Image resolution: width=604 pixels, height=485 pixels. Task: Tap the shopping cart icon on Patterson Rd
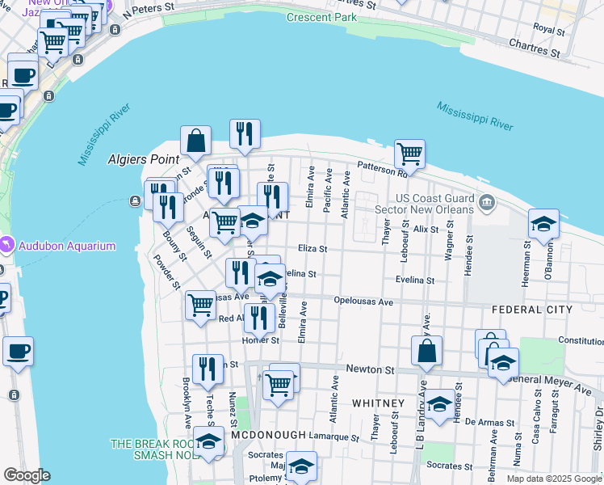point(409,153)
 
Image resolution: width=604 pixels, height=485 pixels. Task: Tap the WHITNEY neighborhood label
point(378,403)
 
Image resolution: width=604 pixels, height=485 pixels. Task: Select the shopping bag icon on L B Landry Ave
point(426,351)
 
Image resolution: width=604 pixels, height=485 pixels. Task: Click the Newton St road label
point(369,369)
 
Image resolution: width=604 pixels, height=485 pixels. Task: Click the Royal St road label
point(549,30)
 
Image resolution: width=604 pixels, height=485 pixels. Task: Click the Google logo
point(27,475)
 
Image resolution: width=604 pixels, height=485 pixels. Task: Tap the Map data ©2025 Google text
point(554,479)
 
